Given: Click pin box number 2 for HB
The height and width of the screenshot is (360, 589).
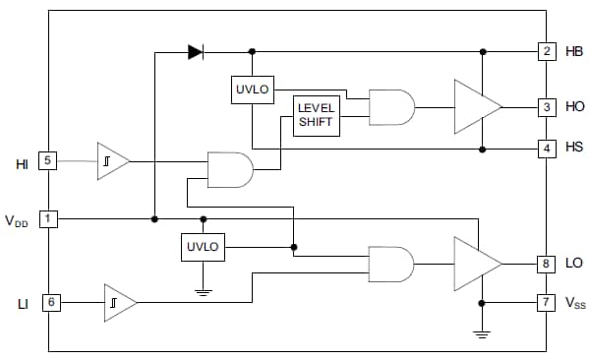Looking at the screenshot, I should tap(546, 51).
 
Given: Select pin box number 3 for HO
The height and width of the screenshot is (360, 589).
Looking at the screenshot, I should tap(546, 106).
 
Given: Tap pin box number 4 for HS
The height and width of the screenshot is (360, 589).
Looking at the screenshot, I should tap(546, 149).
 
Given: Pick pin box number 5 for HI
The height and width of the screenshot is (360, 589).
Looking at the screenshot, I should tap(48, 161).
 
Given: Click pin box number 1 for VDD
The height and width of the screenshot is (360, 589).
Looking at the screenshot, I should tap(48, 218).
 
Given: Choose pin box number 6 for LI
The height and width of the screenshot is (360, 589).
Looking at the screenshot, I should tap(48, 303).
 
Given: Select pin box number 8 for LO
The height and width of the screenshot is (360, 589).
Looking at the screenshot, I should tap(546, 264).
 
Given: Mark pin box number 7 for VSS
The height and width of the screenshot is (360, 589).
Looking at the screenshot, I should tap(546, 303).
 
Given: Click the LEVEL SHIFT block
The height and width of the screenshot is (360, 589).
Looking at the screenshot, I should tap(316, 117).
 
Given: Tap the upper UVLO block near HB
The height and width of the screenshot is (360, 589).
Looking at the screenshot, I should tap(253, 90).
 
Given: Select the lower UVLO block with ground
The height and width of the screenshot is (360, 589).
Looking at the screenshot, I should tap(204, 247).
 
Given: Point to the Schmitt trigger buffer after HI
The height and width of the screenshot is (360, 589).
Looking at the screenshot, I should tap(111, 161).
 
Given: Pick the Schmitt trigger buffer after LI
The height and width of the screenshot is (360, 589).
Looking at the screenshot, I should tap(119, 303).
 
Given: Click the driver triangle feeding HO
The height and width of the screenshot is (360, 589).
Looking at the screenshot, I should tap(476, 106).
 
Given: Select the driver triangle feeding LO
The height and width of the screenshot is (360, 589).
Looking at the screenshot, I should tap(476, 264).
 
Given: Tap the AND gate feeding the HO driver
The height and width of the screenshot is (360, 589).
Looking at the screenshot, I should tap(390, 106).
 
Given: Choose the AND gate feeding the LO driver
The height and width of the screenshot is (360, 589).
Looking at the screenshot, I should tap(390, 264).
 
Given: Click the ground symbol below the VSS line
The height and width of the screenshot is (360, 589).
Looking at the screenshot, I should tap(482, 333).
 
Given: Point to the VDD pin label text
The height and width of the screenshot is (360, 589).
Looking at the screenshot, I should tap(17, 220).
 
